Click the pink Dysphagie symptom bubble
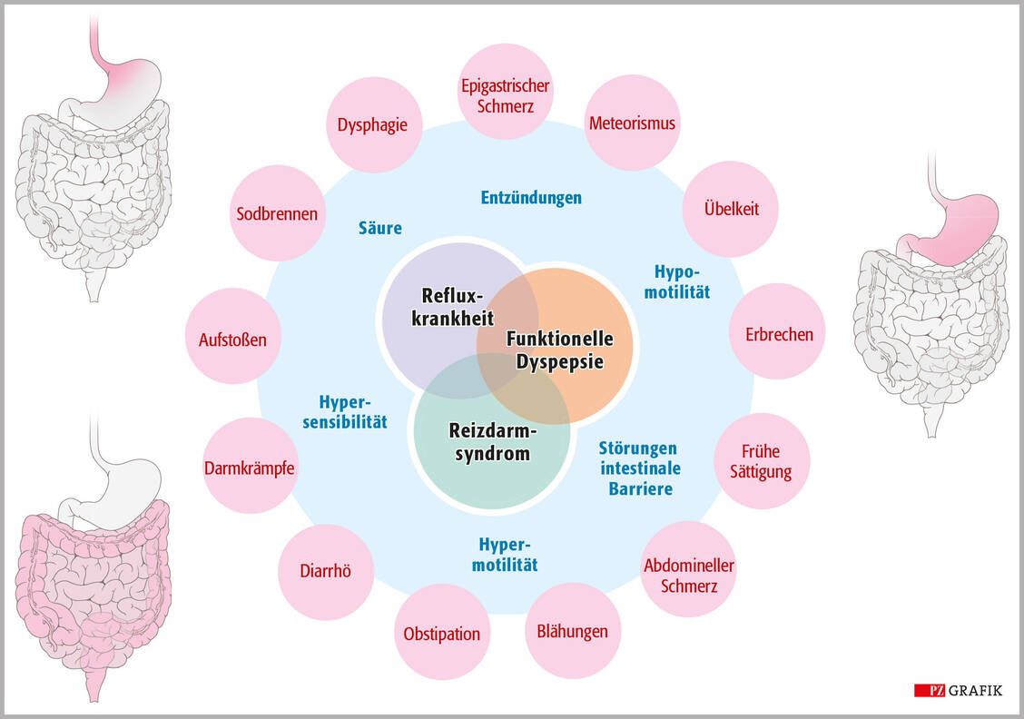tap(372, 125)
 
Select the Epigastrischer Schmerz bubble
tap(504, 95)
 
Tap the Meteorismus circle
tap(632, 123)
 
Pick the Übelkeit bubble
tap(731, 209)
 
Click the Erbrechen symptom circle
tap(778, 333)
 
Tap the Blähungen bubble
tap(572, 631)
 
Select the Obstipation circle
tap(441, 633)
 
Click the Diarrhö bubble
tap(325, 571)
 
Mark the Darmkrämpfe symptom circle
tap(250, 467)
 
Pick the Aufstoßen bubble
tap(232, 340)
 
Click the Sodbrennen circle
tap(277, 214)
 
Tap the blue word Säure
tap(379, 228)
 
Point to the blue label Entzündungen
tap(531, 197)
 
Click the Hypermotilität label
tap(507, 554)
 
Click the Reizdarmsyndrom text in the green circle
tap(490, 441)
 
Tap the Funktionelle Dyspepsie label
tap(559, 350)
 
